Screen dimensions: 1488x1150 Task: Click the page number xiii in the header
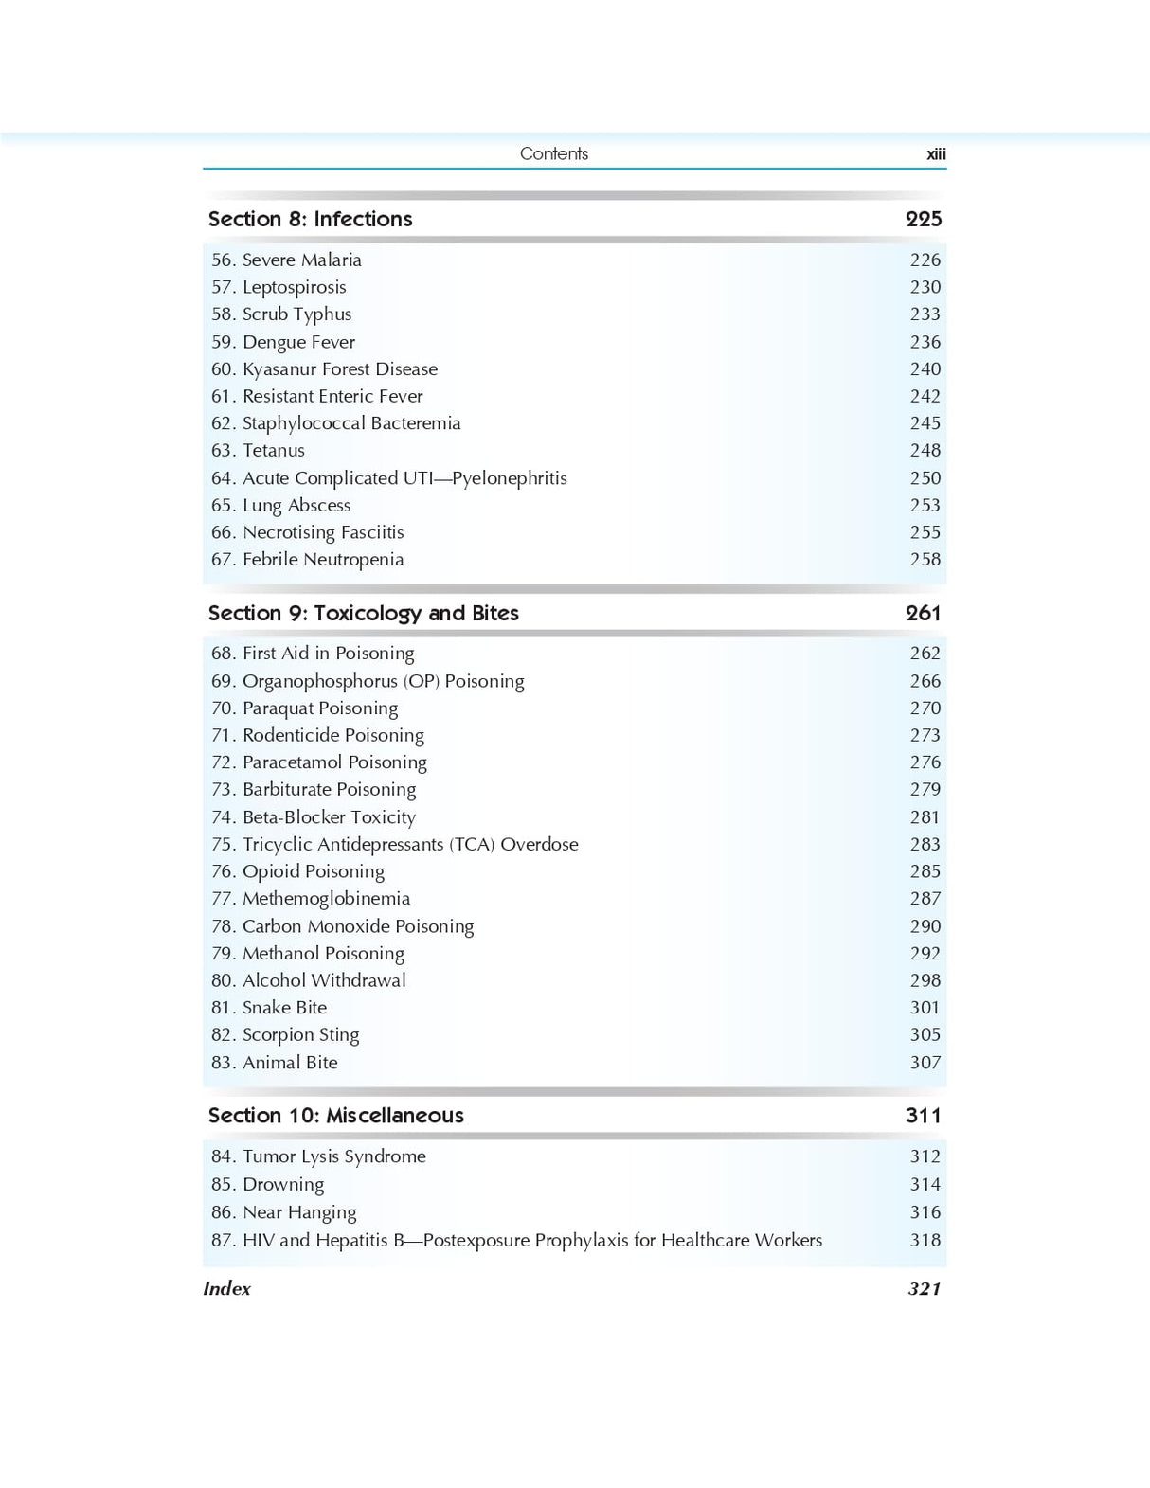coord(936,154)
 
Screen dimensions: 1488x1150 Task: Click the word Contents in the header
coord(554,153)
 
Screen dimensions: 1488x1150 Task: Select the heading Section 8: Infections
coord(310,219)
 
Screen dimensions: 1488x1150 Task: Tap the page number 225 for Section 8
coord(924,219)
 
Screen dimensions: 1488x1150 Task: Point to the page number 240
coord(925,368)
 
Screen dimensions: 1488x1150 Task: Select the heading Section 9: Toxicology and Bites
coord(363,613)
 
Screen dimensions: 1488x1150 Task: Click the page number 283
coord(925,844)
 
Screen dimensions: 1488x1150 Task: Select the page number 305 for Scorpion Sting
coord(925,1034)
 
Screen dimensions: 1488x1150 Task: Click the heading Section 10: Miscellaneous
coord(335,1116)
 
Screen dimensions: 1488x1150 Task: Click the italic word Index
coord(227,1288)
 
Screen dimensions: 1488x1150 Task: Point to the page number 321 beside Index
coord(924,1288)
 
